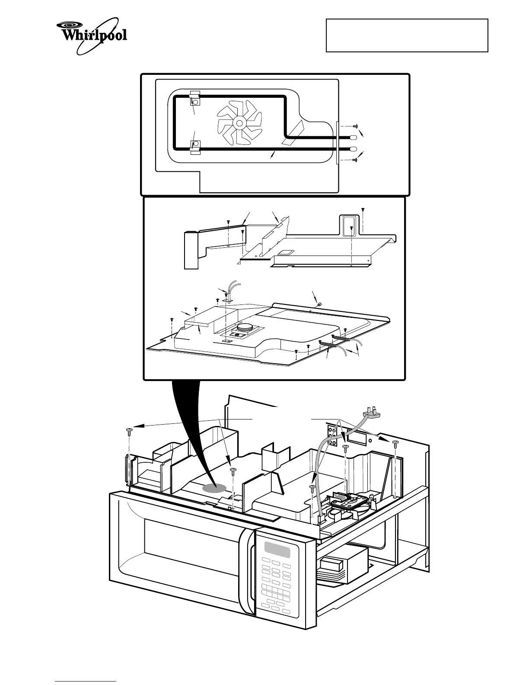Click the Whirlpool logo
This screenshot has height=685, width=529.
(92, 36)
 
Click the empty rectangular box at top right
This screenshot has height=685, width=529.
(407, 35)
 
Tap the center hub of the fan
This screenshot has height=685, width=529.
(239, 123)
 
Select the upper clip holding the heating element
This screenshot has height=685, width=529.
(195, 99)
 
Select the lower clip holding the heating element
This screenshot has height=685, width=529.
(195, 146)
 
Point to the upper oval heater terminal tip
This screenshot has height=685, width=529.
(353, 138)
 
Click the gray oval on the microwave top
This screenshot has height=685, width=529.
(215, 488)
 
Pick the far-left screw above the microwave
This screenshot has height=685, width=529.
(128, 431)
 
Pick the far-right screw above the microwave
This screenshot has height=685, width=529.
(395, 443)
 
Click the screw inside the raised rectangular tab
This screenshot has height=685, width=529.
(352, 227)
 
